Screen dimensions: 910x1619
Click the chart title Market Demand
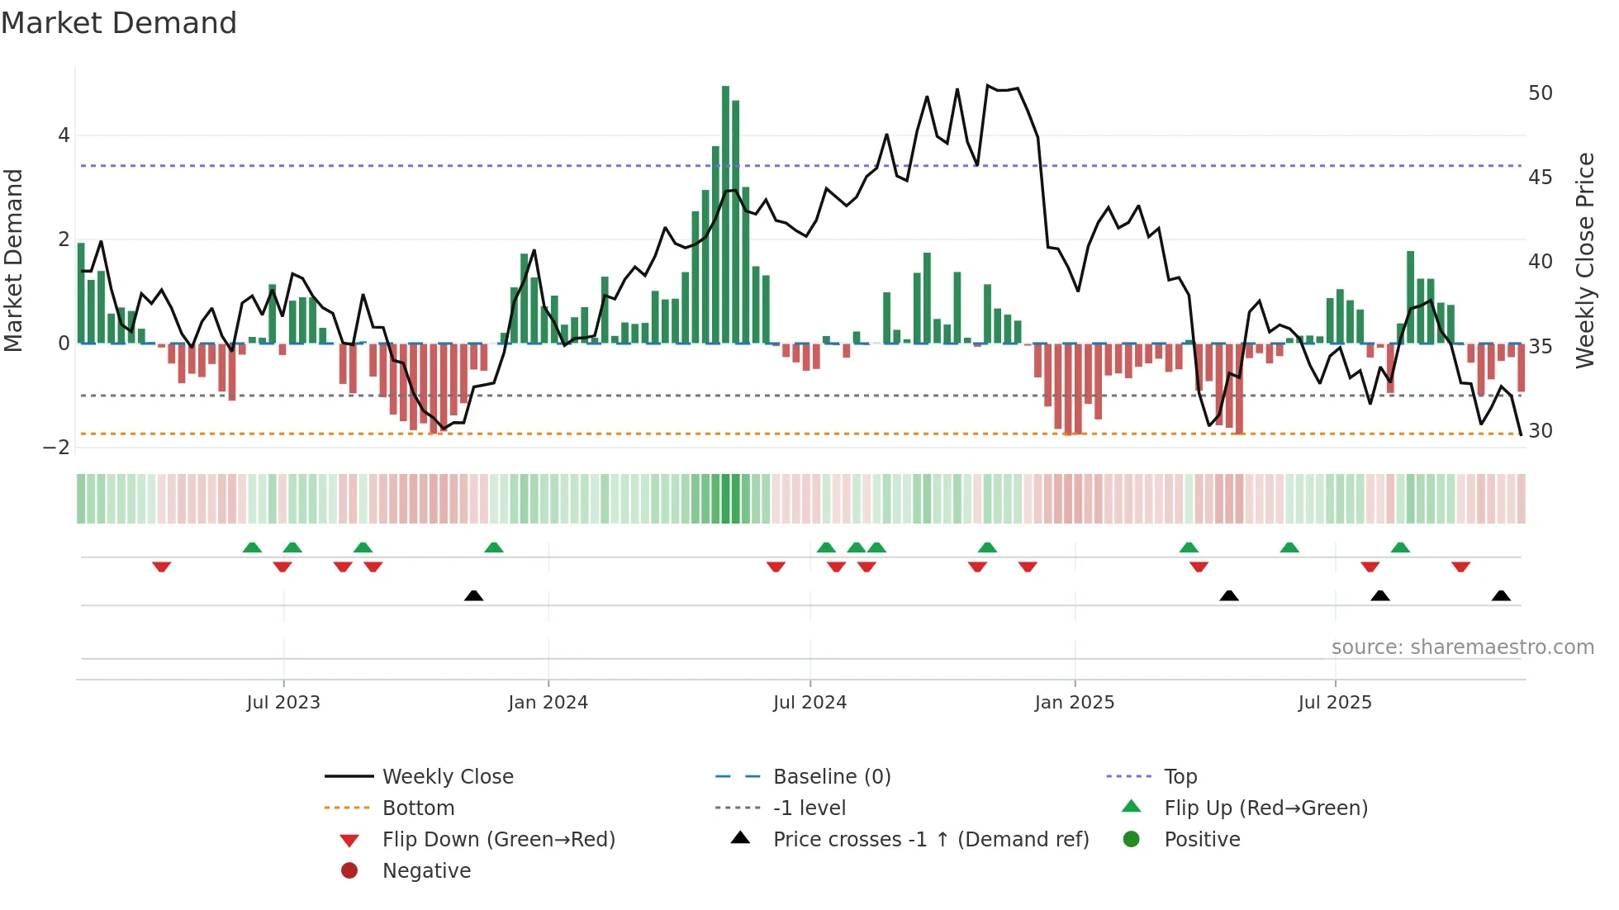click(119, 23)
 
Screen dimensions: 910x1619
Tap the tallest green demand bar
click(725, 215)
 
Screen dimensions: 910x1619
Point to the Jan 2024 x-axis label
click(548, 703)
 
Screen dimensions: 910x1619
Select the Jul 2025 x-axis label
click(1334, 703)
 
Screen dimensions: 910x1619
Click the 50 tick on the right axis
click(1540, 93)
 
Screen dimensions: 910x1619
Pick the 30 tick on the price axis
click(1540, 431)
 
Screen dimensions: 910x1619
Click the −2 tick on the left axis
click(56, 448)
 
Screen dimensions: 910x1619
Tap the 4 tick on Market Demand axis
click(64, 135)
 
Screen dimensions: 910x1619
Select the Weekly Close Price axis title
click(1584, 260)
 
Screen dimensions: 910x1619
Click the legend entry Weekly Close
click(447, 777)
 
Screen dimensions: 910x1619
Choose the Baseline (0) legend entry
click(831, 777)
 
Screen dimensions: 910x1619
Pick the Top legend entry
click(1180, 777)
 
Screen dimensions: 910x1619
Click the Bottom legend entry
click(418, 808)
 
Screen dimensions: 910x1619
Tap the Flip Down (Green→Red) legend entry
click(498, 840)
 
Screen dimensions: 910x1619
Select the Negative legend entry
click(426, 871)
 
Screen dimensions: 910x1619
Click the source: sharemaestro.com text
click(1462, 647)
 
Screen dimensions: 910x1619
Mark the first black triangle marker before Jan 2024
click(473, 595)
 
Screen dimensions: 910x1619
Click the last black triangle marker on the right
click(1501, 595)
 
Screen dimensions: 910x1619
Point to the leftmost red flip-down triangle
click(161, 566)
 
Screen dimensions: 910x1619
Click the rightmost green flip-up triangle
click(1399, 547)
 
